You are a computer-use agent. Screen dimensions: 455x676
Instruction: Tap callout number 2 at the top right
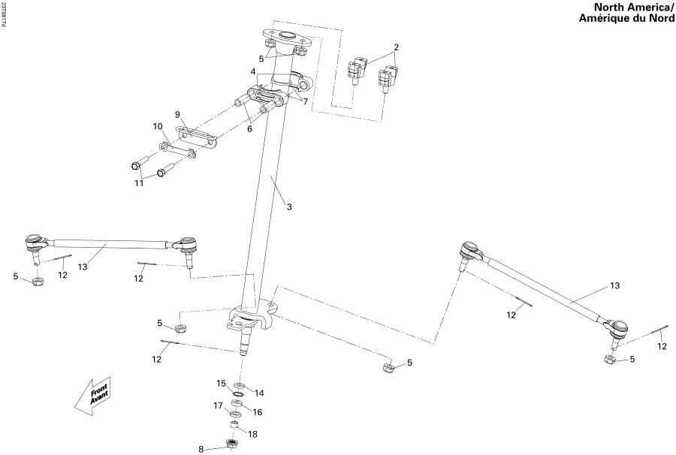point(397,47)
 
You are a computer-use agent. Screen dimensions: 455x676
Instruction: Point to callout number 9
point(179,114)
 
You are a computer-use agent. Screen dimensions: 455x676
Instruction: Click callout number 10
point(158,126)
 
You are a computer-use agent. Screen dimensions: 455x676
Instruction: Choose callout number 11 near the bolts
point(137,182)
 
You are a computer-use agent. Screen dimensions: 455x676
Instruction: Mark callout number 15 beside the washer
point(222,384)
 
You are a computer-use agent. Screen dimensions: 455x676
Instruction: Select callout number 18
point(253,435)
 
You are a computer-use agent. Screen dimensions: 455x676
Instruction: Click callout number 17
point(218,405)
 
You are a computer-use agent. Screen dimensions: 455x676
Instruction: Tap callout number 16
point(257,412)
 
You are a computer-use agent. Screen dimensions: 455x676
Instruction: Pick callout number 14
point(259,393)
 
